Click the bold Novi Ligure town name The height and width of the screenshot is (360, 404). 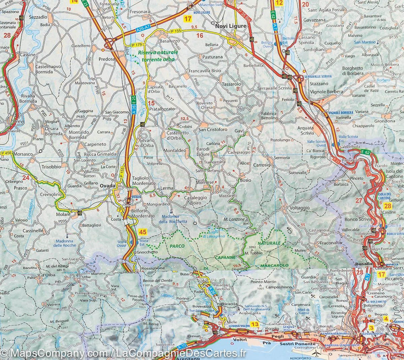[x=231, y=26]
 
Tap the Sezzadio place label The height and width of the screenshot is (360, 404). [x=38, y=18]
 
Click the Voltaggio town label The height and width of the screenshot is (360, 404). [x=300, y=208]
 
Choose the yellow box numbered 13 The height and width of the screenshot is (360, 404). [x=255, y=324]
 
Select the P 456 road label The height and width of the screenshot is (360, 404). [x=6, y=153]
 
